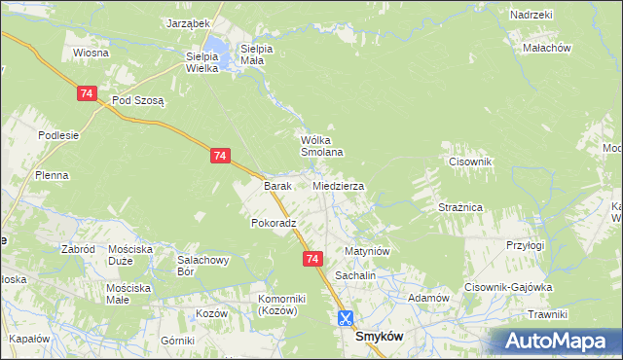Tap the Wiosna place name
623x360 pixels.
[89, 53]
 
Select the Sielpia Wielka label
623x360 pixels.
[202, 62]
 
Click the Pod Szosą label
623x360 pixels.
[138, 100]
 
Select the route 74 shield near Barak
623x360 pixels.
[220, 156]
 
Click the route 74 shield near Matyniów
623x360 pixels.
[311, 259]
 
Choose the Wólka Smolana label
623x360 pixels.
[321, 146]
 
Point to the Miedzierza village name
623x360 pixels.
[338, 185]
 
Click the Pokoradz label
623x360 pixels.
[273, 223]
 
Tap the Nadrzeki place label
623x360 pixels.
[531, 15]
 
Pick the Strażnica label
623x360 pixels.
[460, 207]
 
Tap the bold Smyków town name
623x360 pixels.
[381, 336]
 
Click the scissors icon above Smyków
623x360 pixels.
[346, 317]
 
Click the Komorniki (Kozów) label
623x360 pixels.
[282, 304]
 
